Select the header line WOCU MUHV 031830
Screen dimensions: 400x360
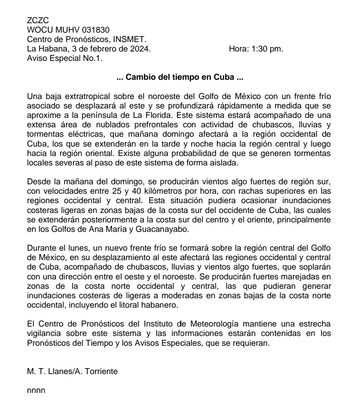tap(68, 30)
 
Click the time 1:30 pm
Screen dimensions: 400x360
tap(267, 49)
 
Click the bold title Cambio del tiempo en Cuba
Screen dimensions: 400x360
tap(180, 78)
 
